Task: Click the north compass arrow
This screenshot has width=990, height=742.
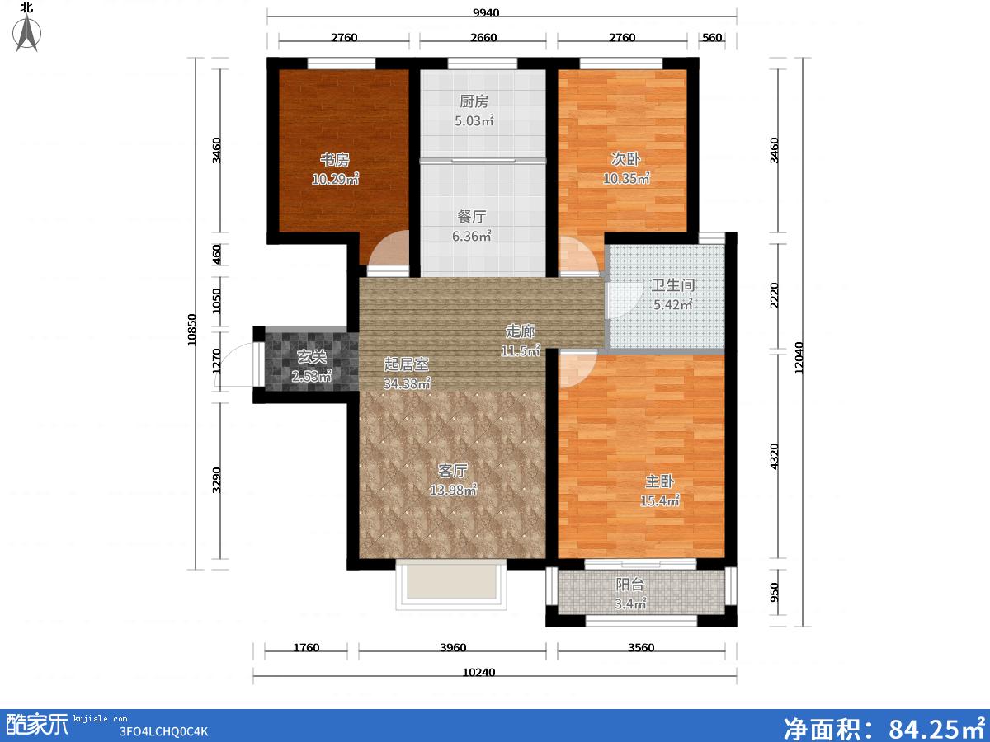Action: pyautogui.click(x=27, y=32)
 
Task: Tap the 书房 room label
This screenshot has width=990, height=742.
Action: pyautogui.click(x=335, y=159)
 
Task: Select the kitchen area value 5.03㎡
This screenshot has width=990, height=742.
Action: pyautogui.click(x=474, y=120)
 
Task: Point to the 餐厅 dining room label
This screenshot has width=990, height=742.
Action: pyautogui.click(x=472, y=217)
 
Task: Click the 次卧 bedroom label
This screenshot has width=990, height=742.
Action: pyautogui.click(x=625, y=158)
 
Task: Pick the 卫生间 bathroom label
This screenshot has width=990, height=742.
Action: pyautogui.click(x=673, y=284)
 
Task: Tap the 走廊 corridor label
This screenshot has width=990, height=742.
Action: pyautogui.click(x=520, y=331)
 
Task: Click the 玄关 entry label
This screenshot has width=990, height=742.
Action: pyautogui.click(x=312, y=357)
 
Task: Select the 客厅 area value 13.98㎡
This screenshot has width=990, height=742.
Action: pyautogui.click(x=453, y=490)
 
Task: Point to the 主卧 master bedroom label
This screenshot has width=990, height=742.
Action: pyautogui.click(x=659, y=481)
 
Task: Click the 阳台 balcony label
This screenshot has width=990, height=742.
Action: pyautogui.click(x=630, y=585)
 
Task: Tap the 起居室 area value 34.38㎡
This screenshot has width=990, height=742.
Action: pyautogui.click(x=407, y=383)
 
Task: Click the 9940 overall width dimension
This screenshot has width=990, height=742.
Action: pyautogui.click(x=486, y=12)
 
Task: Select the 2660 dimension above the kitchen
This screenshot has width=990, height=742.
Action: pyautogui.click(x=483, y=37)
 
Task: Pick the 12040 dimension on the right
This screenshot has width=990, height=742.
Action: pyautogui.click(x=799, y=358)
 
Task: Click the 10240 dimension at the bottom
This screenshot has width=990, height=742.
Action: pyautogui.click(x=478, y=673)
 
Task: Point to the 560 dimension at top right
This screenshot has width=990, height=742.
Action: pyautogui.click(x=712, y=37)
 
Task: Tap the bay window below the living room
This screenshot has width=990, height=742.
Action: pyautogui.click(x=451, y=585)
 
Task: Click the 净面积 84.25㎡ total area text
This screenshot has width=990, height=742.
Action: pyautogui.click(x=885, y=726)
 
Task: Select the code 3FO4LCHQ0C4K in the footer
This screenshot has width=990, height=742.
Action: pyautogui.click(x=163, y=731)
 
